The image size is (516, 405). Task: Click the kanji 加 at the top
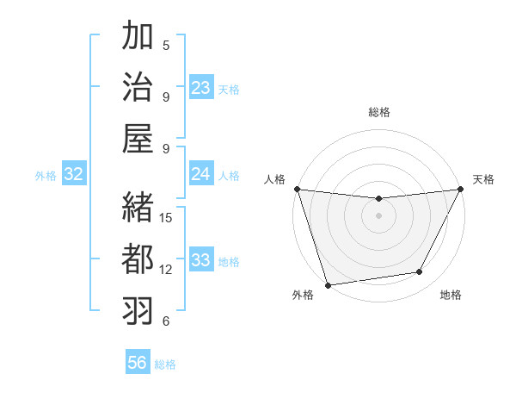138,38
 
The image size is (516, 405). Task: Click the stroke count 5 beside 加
166,45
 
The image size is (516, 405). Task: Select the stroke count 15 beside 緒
167,217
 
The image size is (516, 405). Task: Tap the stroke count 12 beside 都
167,269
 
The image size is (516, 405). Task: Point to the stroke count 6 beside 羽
166,321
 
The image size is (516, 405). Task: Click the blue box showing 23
201,88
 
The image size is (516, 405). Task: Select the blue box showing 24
201,174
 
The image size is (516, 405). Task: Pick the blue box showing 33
201,260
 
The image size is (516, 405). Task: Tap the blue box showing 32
74,174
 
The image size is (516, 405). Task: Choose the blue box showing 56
138,363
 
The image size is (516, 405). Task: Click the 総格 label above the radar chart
378,112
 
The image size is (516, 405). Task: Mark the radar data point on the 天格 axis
461,190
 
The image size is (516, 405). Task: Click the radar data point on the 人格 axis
297,189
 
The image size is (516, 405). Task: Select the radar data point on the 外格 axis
328,284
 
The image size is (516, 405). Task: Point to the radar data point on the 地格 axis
420,272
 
